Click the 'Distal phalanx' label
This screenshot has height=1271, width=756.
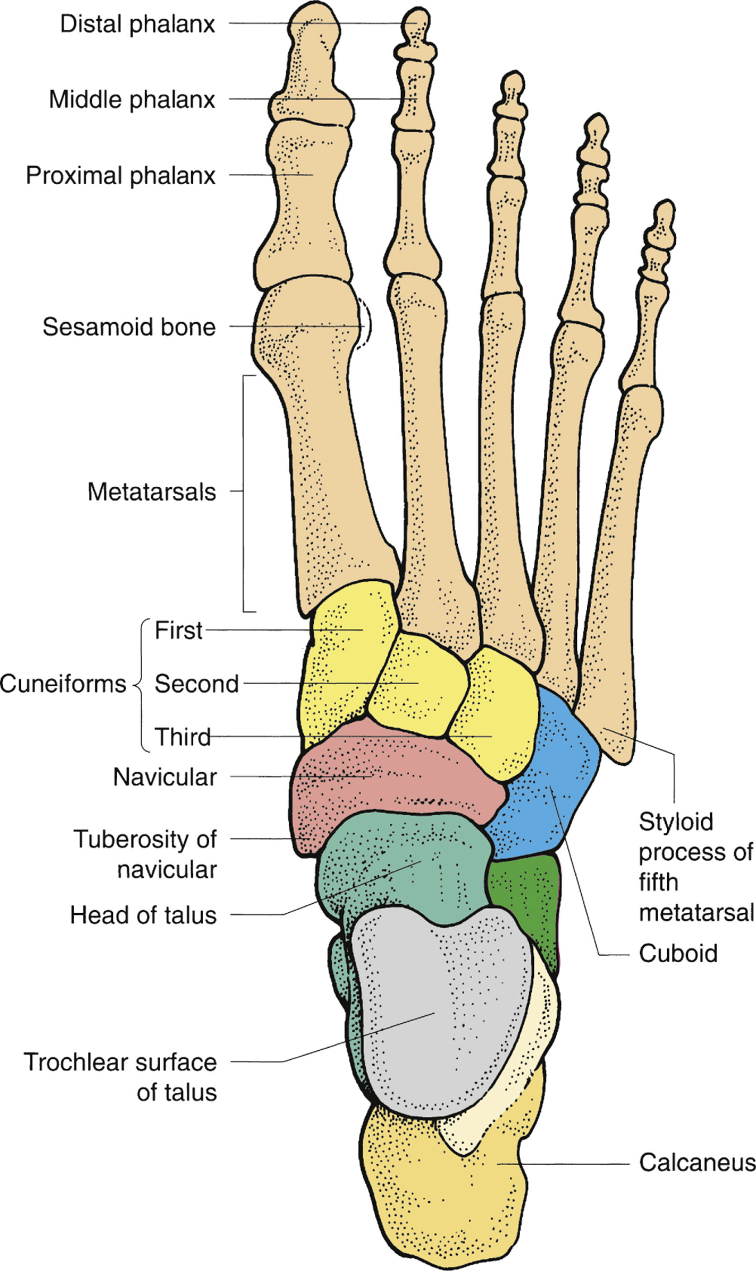click(x=138, y=24)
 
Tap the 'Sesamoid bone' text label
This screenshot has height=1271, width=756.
click(x=129, y=327)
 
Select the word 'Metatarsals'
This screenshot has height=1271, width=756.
click(x=151, y=492)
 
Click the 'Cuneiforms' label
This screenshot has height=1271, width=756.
click(x=62, y=683)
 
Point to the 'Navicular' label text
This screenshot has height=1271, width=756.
click(x=164, y=777)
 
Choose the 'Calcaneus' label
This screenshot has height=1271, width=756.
click(x=697, y=1162)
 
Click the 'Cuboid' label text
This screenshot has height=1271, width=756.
click(x=678, y=953)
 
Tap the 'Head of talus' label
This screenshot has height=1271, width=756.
click(x=143, y=915)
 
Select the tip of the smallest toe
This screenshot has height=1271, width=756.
click(x=664, y=211)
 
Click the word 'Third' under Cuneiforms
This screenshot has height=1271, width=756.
click(x=182, y=736)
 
